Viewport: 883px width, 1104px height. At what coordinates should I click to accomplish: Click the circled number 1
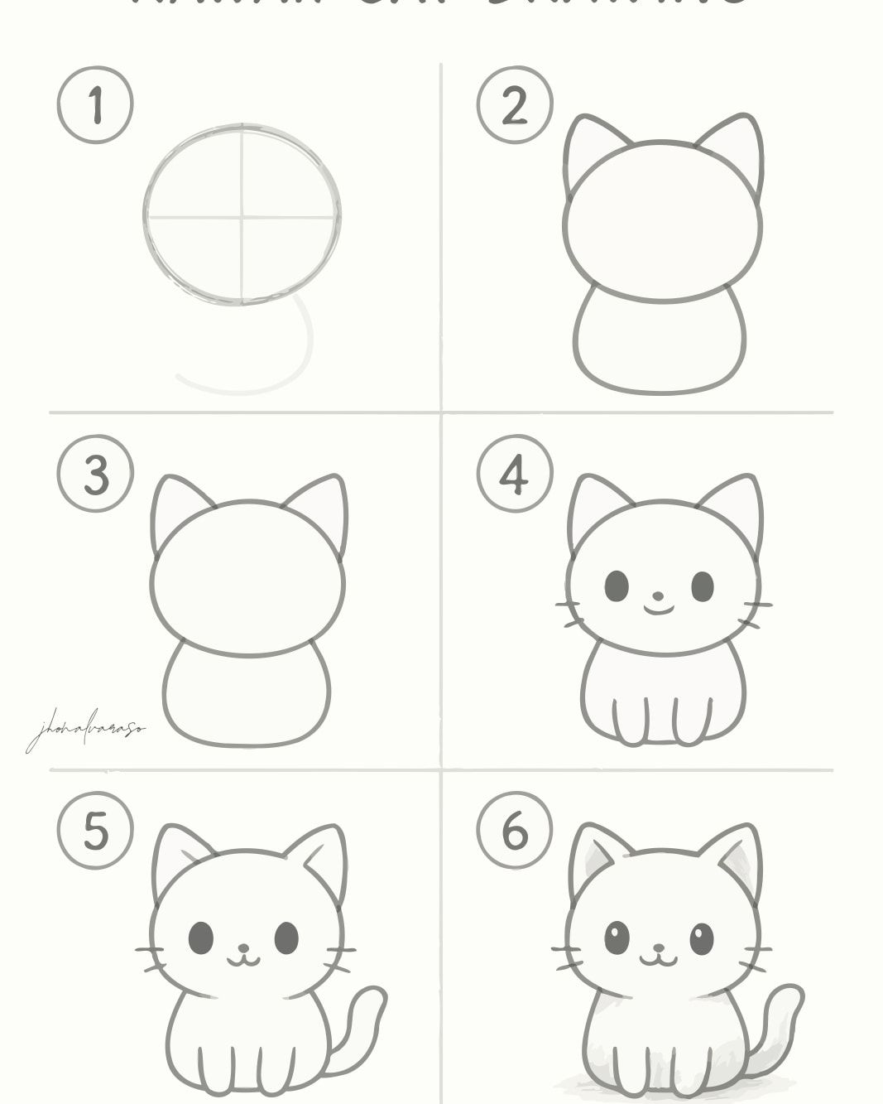(x=95, y=106)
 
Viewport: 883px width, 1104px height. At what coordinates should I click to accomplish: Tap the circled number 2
(x=514, y=106)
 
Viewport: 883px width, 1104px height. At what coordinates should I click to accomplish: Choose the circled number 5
(x=95, y=831)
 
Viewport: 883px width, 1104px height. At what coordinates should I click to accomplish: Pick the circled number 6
(x=514, y=831)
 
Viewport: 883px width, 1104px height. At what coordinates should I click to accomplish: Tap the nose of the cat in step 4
(x=658, y=595)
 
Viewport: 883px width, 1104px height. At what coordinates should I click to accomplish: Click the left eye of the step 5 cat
(x=201, y=938)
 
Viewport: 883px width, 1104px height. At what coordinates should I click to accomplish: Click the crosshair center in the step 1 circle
(x=242, y=218)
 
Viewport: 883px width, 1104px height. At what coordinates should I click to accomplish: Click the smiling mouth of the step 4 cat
(x=659, y=610)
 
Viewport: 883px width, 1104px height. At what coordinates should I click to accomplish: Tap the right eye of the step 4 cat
(x=702, y=586)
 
